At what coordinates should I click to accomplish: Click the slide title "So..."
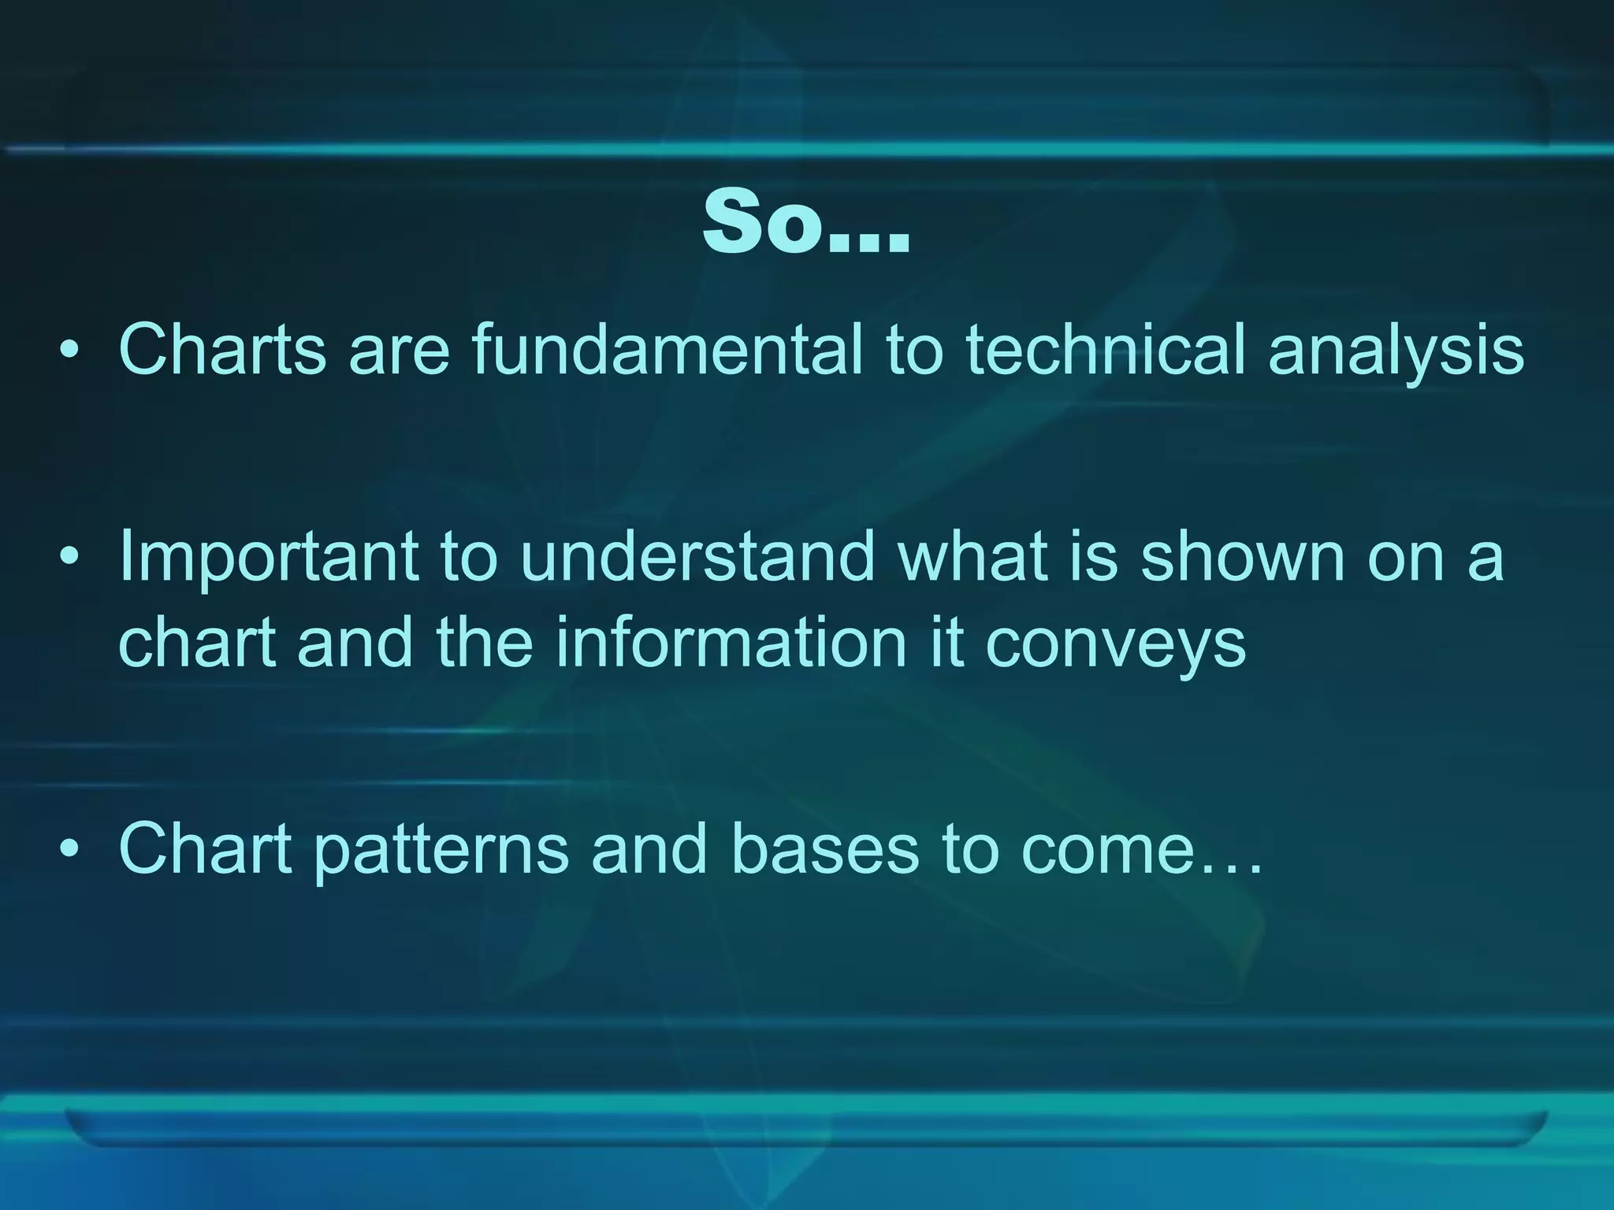point(805,224)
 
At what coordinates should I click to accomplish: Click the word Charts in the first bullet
point(222,349)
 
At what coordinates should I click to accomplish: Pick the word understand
point(697,556)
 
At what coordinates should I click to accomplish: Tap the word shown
point(1243,556)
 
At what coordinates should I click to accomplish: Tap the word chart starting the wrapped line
point(197,641)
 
